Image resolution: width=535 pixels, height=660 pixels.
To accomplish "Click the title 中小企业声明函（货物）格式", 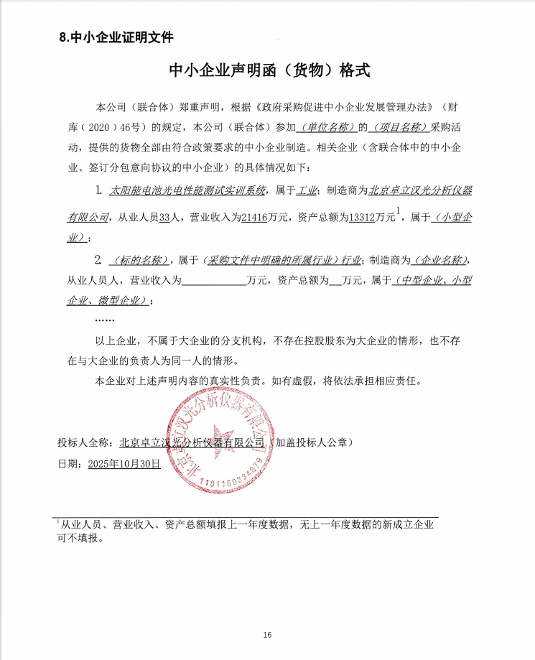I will (268, 70).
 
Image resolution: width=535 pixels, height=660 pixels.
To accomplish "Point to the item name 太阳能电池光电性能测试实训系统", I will (187, 191).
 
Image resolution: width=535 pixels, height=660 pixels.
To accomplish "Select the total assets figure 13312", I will (364, 217).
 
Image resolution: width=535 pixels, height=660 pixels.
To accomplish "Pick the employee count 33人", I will (167, 217).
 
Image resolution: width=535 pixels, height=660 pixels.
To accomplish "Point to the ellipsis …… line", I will (105, 317).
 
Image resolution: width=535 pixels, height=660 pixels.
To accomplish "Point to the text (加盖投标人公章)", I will (310, 442).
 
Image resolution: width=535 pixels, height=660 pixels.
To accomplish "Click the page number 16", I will (267, 635).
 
